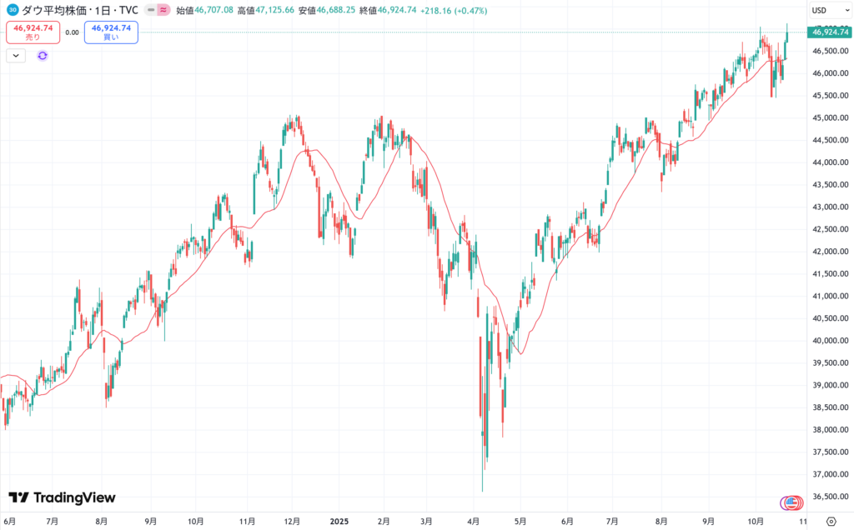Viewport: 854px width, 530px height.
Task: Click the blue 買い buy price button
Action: (x=111, y=32)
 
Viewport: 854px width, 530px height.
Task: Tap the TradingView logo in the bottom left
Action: (x=63, y=497)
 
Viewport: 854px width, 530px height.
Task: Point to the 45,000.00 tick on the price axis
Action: (x=827, y=118)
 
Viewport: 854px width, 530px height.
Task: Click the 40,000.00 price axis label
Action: (x=827, y=341)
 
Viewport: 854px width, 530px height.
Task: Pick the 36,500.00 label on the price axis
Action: (x=827, y=497)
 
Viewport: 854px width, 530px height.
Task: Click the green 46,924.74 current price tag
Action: (x=829, y=32)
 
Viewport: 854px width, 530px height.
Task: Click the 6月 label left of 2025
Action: (x=10, y=521)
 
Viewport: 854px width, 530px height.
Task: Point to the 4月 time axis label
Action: (x=474, y=521)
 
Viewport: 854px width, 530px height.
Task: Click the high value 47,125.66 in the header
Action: (x=276, y=11)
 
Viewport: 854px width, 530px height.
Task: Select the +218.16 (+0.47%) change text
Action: (x=455, y=11)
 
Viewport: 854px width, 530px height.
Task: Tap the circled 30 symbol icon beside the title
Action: (x=13, y=11)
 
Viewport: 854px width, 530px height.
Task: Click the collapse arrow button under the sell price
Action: (x=17, y=55)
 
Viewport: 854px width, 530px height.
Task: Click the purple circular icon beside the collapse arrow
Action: (x=43, y=55)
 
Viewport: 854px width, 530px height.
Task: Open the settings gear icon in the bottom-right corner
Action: (x=831, y=521)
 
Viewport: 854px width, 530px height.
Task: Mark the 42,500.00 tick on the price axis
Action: (x=827, y=229)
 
